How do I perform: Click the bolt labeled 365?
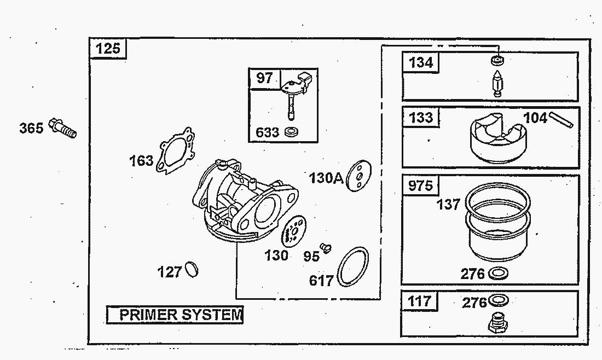click(62, 128)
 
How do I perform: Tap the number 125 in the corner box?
click(107, 49)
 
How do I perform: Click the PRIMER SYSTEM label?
click(181, 315)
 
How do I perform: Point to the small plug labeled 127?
click(191, 269)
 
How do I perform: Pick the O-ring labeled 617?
click(352, 267)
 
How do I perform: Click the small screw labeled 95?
click(326, 248)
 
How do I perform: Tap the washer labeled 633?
click(291, 132)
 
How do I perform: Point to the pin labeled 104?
click(561, 119)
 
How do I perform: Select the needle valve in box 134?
click(497, 84)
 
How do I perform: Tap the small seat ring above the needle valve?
click(497, 60)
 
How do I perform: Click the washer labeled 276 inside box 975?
click(498, 273)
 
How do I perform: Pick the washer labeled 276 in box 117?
click(498, 300)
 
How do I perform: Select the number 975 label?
click(420, 186)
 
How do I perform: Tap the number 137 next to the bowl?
click(448, 204)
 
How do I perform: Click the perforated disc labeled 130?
click(294, 233)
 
